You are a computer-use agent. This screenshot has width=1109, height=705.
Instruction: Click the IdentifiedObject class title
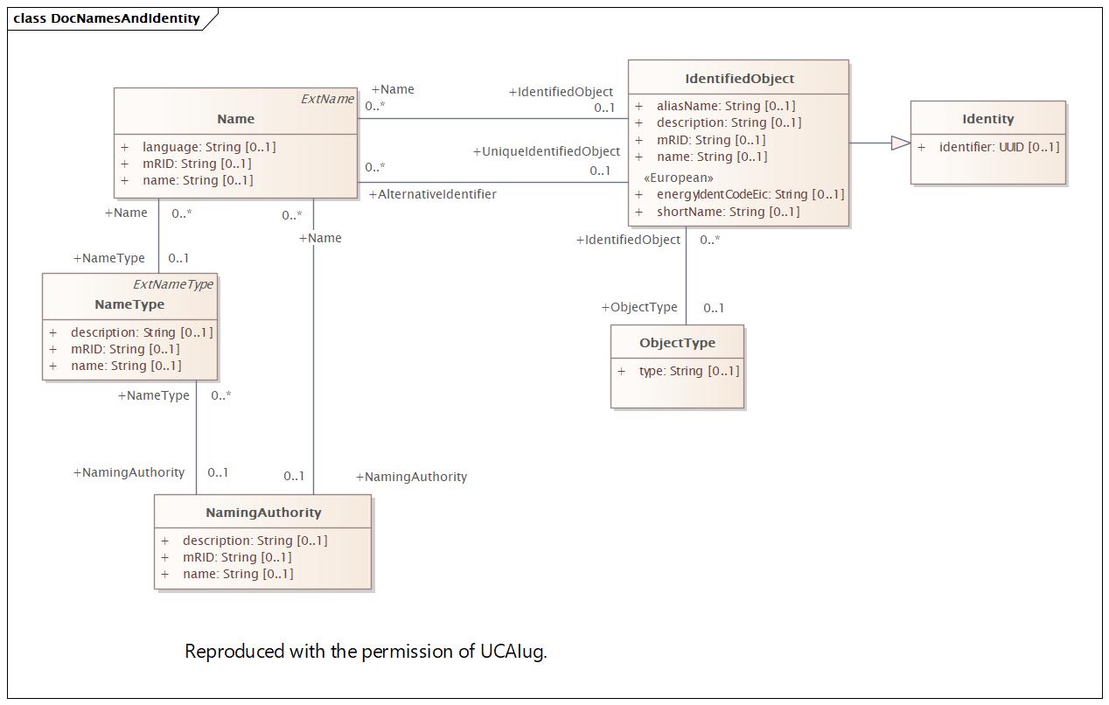tap(739, 79)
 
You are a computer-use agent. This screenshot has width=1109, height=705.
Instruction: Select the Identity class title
tap(987, 119)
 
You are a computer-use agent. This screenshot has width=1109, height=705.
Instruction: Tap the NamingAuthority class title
tap(263, 513)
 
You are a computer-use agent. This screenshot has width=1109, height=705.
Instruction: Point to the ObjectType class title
tap(677, 343)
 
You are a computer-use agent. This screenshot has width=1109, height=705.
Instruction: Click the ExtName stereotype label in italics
tap(327, 99)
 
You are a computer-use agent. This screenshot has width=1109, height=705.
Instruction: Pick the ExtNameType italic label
tap(173, 284)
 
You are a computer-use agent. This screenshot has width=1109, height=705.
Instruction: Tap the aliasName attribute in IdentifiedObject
tap(725, 106)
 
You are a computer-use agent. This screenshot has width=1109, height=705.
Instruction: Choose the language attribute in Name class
tap(208, 147)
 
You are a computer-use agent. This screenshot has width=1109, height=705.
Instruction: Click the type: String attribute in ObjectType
tap(688, 371)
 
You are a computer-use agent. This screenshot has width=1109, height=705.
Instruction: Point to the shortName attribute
tap(728, 212)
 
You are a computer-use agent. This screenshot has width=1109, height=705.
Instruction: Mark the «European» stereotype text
tap(678, 178)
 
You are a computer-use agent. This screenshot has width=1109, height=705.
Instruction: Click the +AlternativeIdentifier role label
tap(433, 194)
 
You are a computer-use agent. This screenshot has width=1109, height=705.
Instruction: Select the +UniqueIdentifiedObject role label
tap(547, 151)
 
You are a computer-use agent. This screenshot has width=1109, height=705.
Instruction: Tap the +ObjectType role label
tap(639, 307)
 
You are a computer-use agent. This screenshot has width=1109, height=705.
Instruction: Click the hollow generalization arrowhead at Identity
tap(900, 143)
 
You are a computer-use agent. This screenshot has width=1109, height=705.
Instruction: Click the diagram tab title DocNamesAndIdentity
tap(125, 18)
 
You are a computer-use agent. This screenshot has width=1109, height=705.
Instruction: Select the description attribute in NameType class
tap(141, 332)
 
